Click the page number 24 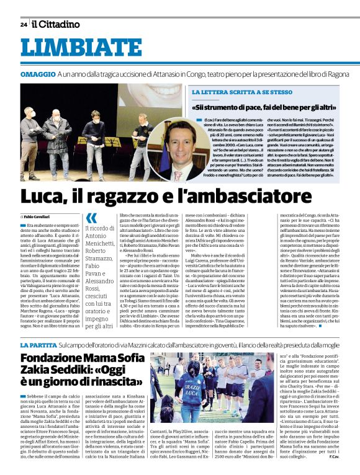(x=23, y=24)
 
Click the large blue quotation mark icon (x=92, y=218)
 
